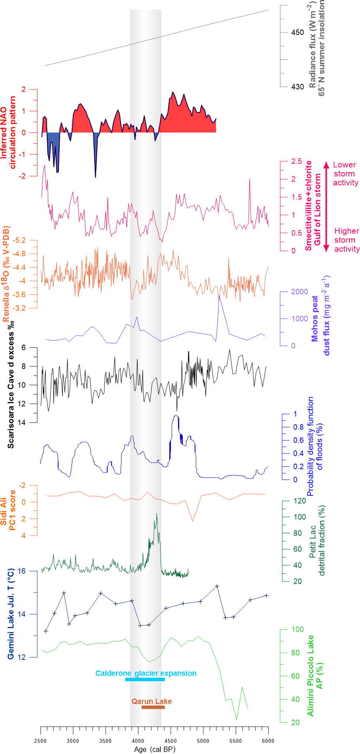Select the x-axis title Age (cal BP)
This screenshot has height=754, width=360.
155,749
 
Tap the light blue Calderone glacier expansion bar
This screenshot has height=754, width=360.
145,680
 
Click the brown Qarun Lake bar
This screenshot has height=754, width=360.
153,707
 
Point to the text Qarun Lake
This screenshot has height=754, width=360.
152,701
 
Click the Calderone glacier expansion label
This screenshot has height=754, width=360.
146,673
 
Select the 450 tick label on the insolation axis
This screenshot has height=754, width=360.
297,32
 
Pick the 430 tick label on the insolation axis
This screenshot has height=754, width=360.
297,87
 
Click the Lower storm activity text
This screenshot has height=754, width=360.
345,174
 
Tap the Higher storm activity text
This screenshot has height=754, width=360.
347,240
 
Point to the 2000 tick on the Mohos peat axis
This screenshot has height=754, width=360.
299,292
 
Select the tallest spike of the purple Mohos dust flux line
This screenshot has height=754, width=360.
219,296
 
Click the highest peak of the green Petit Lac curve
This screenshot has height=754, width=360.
157,514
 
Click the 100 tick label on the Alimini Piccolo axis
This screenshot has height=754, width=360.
297,629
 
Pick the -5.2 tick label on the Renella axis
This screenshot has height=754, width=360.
19,240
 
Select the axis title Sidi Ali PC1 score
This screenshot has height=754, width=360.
8,510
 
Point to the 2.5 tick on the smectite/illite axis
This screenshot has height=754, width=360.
296,161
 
